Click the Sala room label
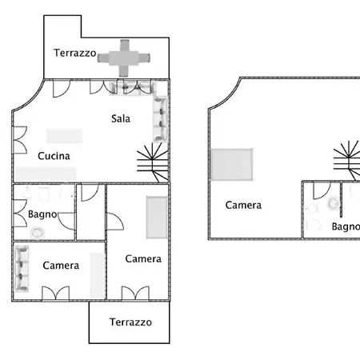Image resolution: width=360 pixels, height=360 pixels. tap(121, 118)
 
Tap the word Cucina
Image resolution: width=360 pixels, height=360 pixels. tap(54, 156)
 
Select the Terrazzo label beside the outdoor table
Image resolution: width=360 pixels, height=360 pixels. tap(74, 53)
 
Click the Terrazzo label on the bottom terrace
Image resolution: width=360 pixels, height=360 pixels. tap(130, 322)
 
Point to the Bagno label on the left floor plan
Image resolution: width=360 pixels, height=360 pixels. tap(42, 214)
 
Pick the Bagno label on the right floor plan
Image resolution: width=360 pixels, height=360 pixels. tap(346, 226)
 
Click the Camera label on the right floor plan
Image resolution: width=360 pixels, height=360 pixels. tap(243, 205)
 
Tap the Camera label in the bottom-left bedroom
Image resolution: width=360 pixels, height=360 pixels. tap(61, 266)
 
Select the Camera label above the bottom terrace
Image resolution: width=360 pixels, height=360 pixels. tap(143, 258)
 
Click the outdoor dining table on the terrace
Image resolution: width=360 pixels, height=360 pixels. tap(124, 58)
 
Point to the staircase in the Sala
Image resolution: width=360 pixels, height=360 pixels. tap(153, 162)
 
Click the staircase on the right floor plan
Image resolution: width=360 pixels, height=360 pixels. tap(347, 161)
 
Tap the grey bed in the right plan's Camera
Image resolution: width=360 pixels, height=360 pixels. tap(231, 165)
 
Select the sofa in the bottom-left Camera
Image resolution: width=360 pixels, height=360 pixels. tap(22, 268)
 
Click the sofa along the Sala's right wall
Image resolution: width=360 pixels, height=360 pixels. tap(160, 119)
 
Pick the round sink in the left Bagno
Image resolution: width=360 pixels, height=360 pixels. tap(37, 233)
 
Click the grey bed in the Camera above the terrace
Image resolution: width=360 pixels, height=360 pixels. tap(157, 217)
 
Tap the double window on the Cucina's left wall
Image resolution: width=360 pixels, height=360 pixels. tap(20, 140)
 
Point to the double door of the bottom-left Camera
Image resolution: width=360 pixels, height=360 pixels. tap(56, 294)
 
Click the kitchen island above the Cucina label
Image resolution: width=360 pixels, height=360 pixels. tap(65, 136)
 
